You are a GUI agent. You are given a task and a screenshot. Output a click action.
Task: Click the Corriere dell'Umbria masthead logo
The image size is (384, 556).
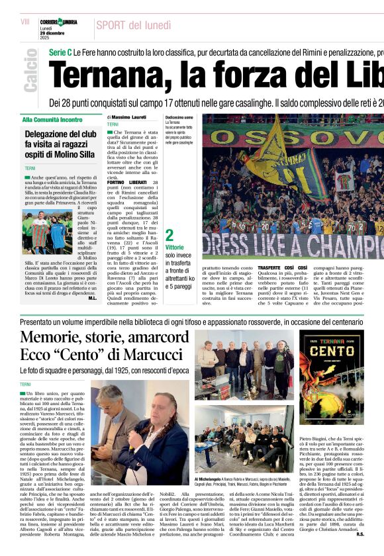[x=59, y=23]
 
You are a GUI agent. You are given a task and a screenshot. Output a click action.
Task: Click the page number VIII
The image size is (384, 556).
[x=25, y=22]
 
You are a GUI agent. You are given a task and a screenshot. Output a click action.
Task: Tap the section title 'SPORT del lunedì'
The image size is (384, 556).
[x=132, y=25]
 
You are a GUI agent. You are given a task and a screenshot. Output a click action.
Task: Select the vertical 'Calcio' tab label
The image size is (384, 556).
[x=30, y=73]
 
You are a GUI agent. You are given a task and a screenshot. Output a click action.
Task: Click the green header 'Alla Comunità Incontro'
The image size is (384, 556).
[x=52, y=120]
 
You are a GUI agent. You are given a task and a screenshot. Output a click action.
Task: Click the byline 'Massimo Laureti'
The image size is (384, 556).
[x=128, y=117]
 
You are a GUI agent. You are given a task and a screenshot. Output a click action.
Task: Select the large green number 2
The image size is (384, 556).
[x=169, y=235]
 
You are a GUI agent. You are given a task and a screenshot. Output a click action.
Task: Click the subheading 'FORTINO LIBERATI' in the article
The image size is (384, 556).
[x=126, y=182]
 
